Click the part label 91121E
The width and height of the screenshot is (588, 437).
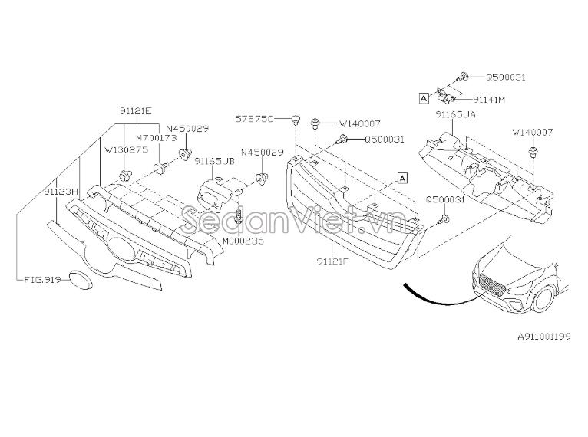[x=136, y=111]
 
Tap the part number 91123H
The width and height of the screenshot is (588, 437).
[x=61, y=192]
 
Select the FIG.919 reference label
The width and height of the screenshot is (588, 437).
[x=42, y=280]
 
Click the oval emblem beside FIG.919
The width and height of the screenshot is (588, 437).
[x=81, y=280]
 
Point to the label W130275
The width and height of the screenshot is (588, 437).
[x=127, y=149]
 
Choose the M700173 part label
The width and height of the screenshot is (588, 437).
[x=156, y=138]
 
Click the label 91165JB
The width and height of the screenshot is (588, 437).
[x=214, y=161]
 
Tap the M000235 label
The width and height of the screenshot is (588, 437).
[x=243, y=241]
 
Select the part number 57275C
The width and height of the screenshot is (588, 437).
[x=254, y=119]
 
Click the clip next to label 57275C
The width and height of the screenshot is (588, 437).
[x=296, y=120]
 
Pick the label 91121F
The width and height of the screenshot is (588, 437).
[x=332, y=261]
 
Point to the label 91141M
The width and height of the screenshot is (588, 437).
[x=489, y=100]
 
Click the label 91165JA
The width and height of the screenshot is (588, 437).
[x=455, y=114]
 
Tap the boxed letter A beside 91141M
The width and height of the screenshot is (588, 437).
[x=424, y=98]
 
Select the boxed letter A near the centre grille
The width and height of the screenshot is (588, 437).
[x=402, y=178]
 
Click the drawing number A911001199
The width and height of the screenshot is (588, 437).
[x=544, y=337]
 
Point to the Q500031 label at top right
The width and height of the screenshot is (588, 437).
[x=506, y=77]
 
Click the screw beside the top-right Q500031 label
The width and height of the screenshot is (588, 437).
[x=463, y=77]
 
